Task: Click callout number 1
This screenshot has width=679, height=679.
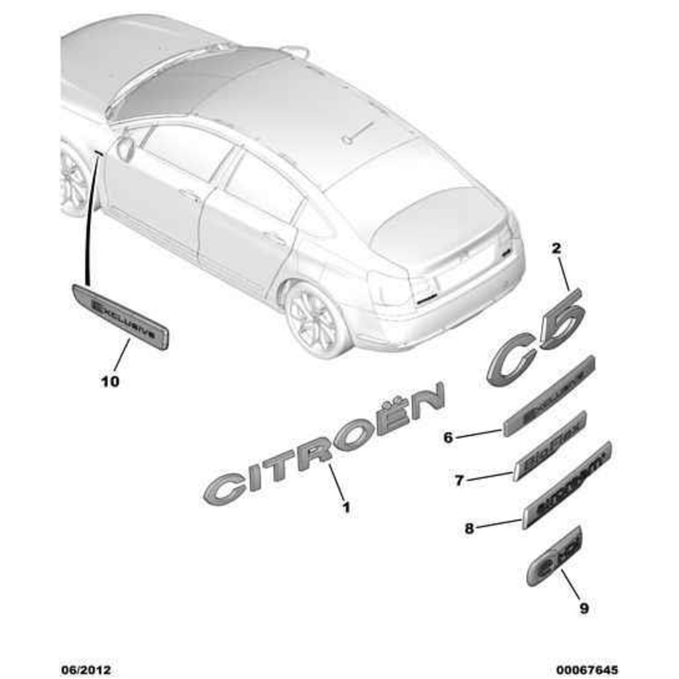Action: tap(345, 508)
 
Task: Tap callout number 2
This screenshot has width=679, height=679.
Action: tap(556, 249)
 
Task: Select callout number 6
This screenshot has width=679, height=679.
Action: tap(448, 438)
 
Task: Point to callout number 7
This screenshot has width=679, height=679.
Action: tap(460, 480)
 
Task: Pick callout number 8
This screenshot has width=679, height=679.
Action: tap(469, 528)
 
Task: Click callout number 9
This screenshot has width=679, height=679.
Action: tap(584, 607)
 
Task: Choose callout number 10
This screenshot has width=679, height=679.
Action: tap(111, 381)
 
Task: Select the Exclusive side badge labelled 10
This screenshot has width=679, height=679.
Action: tap(120, 316)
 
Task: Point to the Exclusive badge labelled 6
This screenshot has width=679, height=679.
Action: tap(549, 397)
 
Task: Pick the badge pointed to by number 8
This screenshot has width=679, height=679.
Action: tap(567, 485)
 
